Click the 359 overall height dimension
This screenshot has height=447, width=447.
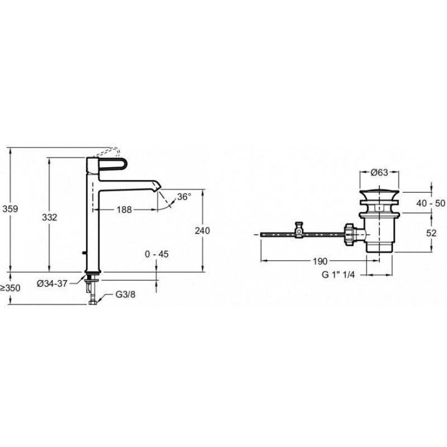[x=10, y=209]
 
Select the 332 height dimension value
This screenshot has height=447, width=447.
[x=49, y=217]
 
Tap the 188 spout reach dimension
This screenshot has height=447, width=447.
[x=124, y=210]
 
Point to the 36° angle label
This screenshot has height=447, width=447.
[x=184, y=197]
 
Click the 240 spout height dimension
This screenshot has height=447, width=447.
[x=202, y=230]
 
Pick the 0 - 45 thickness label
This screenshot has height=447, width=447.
[x=156, y=254]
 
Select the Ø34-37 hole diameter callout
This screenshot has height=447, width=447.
[x=52, y=283]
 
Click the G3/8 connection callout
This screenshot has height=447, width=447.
[x=125, y=294]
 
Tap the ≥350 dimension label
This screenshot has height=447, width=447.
[x=10, y=288]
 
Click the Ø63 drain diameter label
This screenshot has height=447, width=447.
[x=379, y=173]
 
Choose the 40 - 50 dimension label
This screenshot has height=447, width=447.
[x=431, y=203]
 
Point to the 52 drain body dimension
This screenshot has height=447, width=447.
[x=431, y=233]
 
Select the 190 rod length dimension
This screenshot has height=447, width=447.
[x=320, y=261]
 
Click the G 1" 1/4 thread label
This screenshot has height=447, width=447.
[x=338, y=275]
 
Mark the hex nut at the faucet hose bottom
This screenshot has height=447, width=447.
[x=93, y=302]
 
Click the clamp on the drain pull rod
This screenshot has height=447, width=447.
[x=299, y=230]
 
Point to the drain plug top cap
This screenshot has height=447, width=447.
[x=379, y=194]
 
